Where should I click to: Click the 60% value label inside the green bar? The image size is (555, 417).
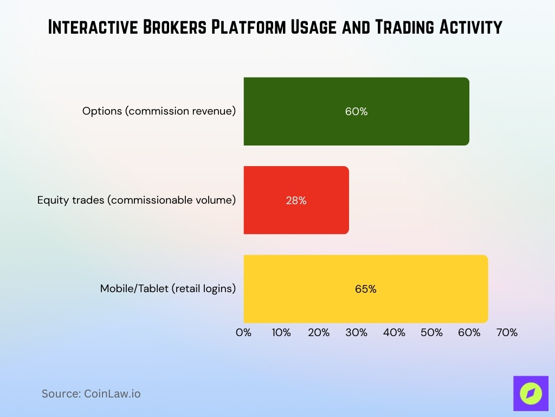(356, 111)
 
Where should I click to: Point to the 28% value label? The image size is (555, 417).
(296, 200)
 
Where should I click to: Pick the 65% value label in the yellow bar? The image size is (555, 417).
(365, 289)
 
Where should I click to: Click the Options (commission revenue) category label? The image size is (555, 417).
(159, 111)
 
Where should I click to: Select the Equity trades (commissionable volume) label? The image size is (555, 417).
(137, 200)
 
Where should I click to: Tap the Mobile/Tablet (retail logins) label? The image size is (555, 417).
(168, 289)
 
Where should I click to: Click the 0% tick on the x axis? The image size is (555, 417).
(244, 333)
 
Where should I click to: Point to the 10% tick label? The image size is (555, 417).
(281, 333)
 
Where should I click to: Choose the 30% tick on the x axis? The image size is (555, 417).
(357, 333)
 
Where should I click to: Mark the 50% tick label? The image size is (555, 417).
(431, 333)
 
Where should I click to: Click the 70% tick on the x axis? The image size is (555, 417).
(507, 333)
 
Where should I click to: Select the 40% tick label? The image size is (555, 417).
(394, 333)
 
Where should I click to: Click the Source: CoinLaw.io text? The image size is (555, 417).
(91, 394)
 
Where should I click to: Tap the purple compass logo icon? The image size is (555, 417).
(530, 393)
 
